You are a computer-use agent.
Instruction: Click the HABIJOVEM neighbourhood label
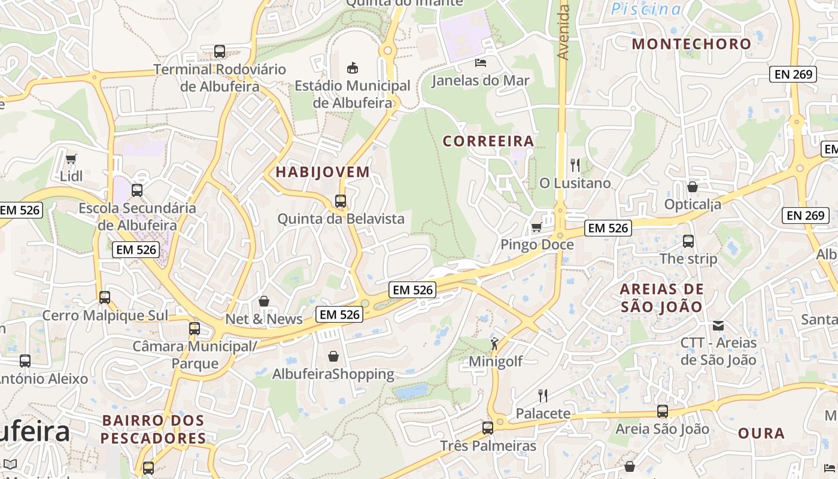323,172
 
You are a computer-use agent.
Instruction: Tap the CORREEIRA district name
488,141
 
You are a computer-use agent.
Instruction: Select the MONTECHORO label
691,44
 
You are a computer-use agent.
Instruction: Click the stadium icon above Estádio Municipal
353,68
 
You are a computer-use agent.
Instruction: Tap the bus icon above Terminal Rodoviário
220,51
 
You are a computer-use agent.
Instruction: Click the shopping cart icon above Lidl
71,159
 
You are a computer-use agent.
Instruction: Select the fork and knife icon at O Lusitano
575,165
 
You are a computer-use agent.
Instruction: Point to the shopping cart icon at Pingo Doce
537,227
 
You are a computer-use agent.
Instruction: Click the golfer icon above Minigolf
495,344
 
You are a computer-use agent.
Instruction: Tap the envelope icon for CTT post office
718,326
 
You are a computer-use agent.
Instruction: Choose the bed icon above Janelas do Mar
480,62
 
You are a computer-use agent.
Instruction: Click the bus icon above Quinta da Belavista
341,201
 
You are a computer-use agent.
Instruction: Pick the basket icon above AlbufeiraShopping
333,356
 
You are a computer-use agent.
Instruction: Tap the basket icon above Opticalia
693,187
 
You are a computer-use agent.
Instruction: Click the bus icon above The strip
688,241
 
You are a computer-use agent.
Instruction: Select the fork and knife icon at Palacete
542,395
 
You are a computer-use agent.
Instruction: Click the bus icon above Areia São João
663,411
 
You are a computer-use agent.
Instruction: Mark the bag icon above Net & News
264,301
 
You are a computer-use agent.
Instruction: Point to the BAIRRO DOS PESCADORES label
153,429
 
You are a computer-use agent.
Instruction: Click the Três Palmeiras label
488,446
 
